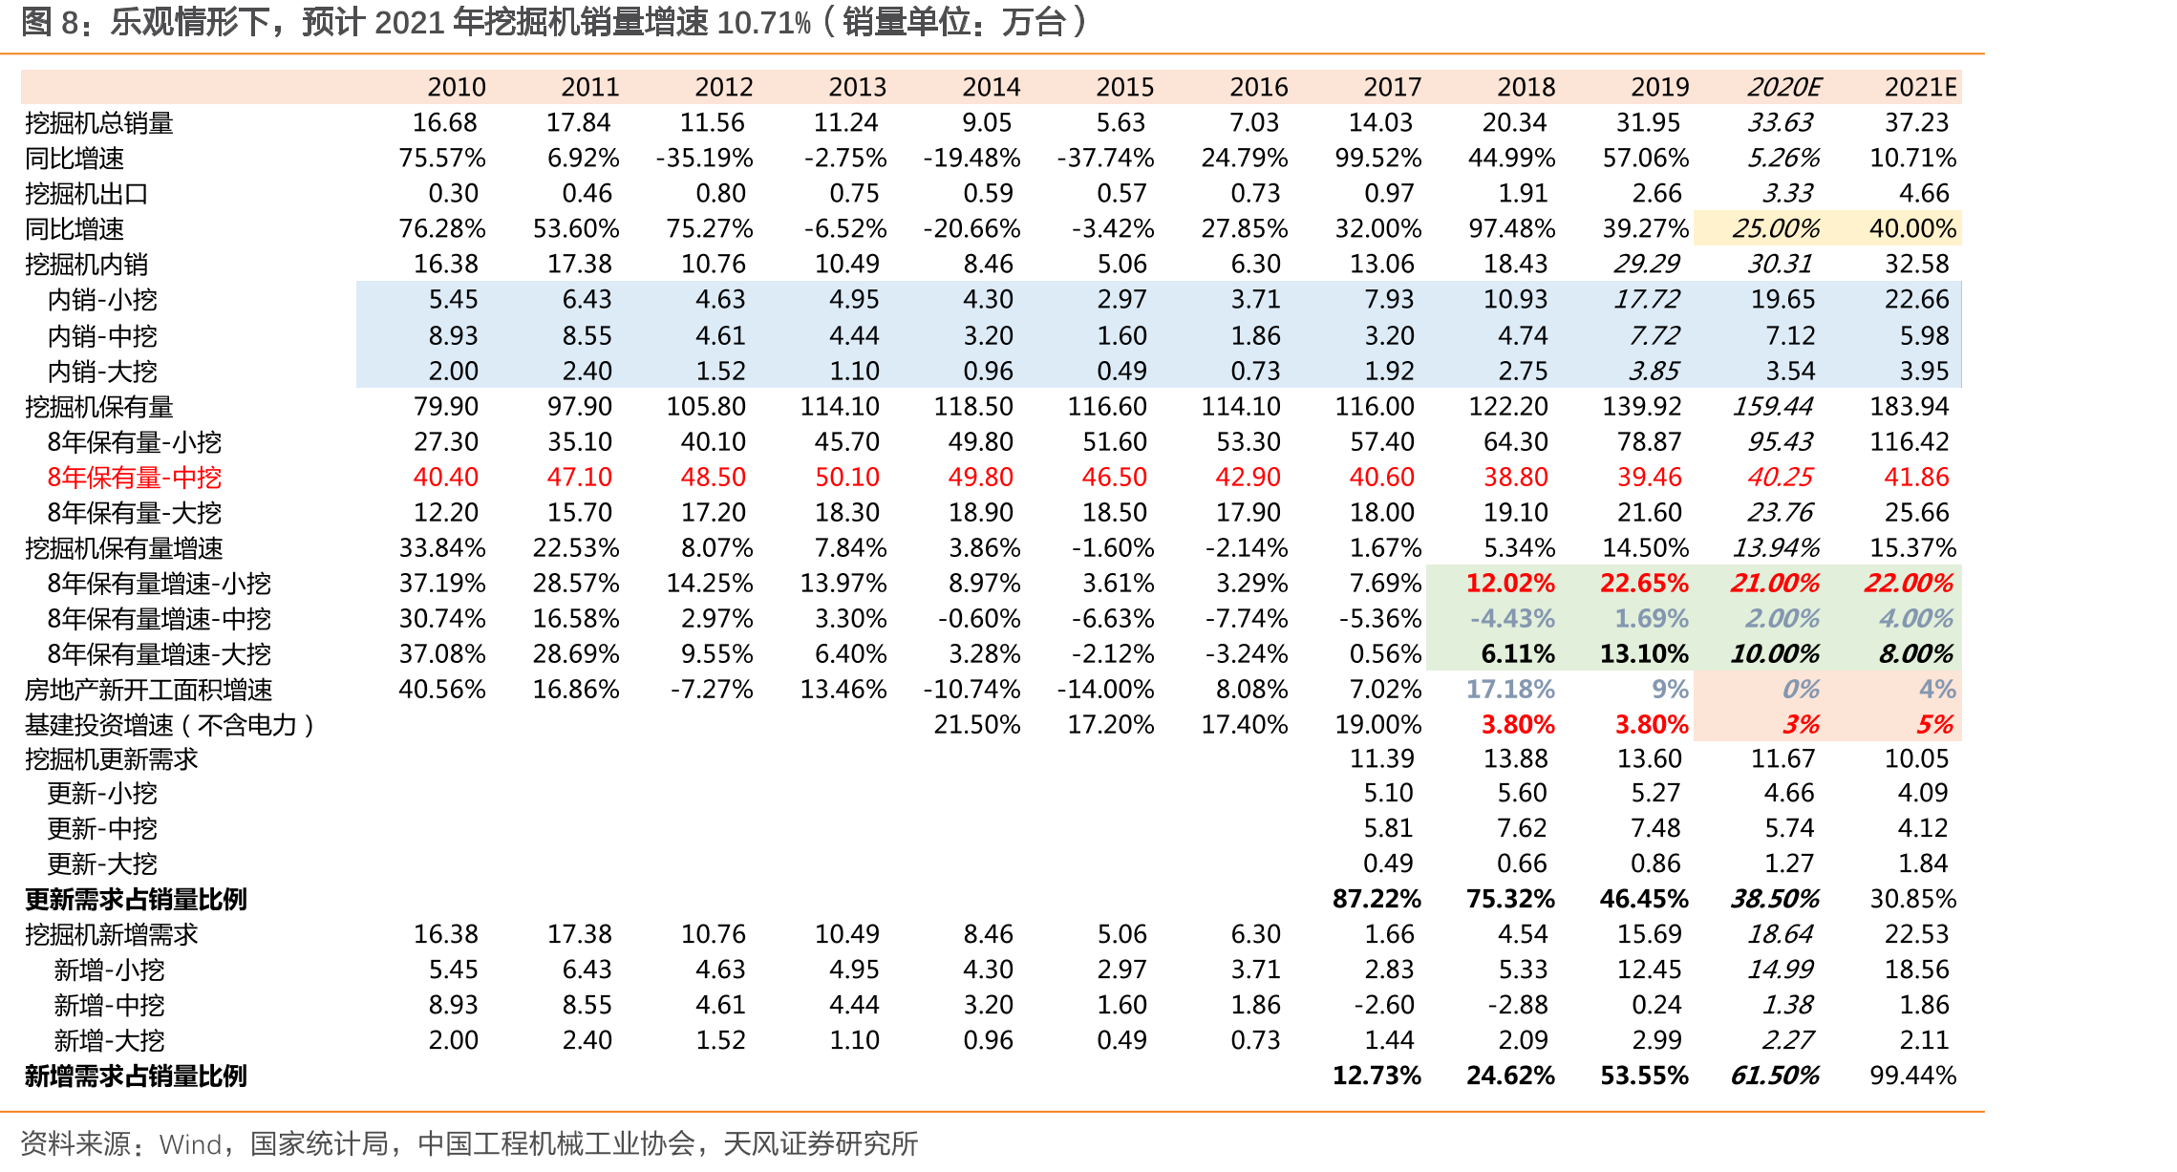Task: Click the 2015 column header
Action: click(1124, 88)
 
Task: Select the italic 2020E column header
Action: click(1783, 88)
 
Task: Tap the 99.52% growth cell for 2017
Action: click(1378, 159)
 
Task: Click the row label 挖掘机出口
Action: click(87, 194)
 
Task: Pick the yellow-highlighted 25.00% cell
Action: click(1776, 229)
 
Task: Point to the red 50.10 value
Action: click(847, 478)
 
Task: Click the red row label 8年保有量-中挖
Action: click(135, 478)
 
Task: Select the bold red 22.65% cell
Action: click(1644, 584)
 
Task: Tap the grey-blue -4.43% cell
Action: click(1512, 619)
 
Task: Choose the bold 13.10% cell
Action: click(1644, 654)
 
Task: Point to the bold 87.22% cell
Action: click(1377, 900)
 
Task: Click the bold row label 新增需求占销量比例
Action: click(136, 1076)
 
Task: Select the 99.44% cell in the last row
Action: click(1913, 1076)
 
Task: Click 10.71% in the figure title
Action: click(764, 22)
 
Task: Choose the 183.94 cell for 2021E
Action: click(1910, 407)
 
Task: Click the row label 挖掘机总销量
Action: click(99, 123)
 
